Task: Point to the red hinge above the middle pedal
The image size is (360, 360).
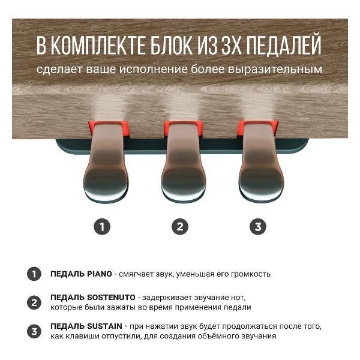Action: click(180, 127)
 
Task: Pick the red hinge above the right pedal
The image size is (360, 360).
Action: click(257, 127)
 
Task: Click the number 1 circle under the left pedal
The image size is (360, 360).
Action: click(103, 226)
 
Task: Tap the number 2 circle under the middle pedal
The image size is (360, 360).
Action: click(180, 226)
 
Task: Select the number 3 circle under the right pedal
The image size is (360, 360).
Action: click(257, 226)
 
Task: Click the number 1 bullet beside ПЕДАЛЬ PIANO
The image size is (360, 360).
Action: click(34, 274)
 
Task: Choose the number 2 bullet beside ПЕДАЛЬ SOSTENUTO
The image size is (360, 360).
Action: click(34, 302)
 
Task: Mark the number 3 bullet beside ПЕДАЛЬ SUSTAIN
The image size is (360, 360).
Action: click(34, 331)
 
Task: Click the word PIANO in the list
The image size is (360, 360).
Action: click(99, 274)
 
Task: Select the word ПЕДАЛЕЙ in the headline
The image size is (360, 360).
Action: click(281, 46)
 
